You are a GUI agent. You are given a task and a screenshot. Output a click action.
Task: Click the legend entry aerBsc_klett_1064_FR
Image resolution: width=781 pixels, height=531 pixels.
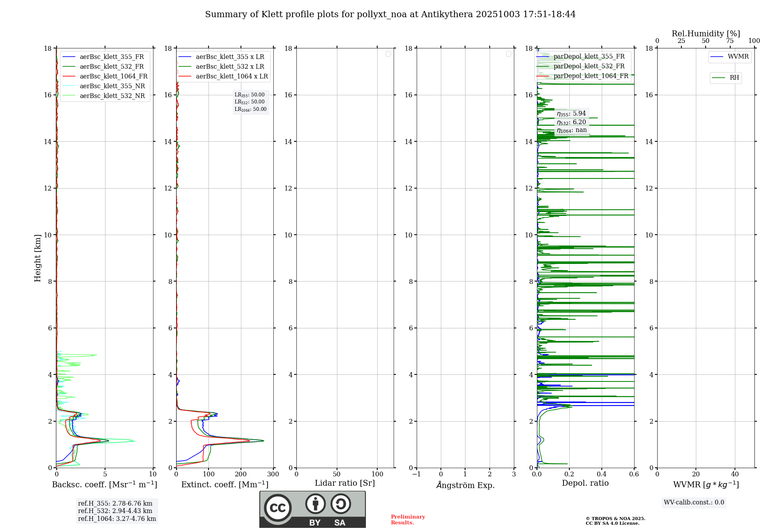click(114, 77)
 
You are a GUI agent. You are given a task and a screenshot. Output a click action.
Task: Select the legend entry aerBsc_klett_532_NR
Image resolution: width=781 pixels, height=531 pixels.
click(112, 96)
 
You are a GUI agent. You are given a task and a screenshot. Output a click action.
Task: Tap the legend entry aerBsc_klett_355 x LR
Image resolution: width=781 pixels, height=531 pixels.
click(230, 57)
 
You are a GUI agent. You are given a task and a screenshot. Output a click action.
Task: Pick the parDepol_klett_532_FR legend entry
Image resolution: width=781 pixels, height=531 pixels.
click(589, 66)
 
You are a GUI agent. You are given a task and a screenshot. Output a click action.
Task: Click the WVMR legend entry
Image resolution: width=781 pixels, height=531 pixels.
click(738, 57)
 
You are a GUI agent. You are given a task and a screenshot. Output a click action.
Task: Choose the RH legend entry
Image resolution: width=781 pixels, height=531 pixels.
click(734, 78)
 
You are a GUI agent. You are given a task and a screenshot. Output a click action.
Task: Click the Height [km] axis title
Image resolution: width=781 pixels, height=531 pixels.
click(37, 258)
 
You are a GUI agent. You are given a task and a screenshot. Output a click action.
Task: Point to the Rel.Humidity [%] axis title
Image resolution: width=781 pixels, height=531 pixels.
click(706, 34)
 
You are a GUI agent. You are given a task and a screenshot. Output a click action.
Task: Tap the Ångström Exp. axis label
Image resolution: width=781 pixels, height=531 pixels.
click(465, 485)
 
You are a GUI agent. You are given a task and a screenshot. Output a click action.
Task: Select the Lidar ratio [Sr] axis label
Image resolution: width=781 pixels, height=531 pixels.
click(344, 483)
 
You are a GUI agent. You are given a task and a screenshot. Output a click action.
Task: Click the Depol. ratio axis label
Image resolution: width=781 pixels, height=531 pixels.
click(585, 483)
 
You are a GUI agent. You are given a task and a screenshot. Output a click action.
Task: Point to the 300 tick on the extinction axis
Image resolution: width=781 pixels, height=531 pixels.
click(273, 474)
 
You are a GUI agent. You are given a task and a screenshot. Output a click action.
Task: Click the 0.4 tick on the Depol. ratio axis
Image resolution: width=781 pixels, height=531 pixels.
click(602, 474)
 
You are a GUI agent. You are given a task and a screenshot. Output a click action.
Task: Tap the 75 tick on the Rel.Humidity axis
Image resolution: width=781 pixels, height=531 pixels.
click(730, 41)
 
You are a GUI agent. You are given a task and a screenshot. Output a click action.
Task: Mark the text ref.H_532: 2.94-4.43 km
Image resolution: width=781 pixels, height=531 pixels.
click(115, 511)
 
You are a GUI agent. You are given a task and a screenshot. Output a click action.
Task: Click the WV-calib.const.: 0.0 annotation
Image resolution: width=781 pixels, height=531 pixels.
click(694, 502)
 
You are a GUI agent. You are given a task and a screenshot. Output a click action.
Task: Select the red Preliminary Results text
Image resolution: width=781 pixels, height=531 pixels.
click(408, 520)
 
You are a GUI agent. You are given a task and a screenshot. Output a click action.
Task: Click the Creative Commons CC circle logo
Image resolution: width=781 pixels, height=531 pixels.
click(278, 508)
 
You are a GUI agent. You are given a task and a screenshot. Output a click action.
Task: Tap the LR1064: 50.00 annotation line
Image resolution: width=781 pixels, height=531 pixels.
click(250, 109)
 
